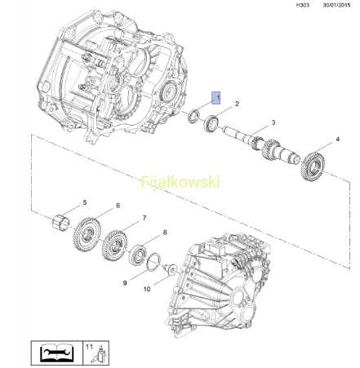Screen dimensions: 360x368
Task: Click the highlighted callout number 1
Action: pyautogui.click(x=216, y=98)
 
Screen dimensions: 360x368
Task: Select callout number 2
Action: pyautogui.click(x=237, y=104)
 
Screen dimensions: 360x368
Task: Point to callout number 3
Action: pyautogui.click(x=273, y=122)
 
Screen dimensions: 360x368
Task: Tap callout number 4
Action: pyautogui.click(x=337, y=140)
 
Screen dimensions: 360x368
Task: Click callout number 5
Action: pyautogui.click(x=85, y=202)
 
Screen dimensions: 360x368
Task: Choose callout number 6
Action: pyautogui.click(x=118, y=206)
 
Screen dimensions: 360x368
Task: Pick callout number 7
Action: pyautogui.click(x=144, y=218)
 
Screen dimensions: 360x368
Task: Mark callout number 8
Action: pyautogui.click(x=165, y=233)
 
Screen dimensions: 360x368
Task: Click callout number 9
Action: pyautogui.click(x=125, y=283)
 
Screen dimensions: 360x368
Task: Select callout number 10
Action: pyautogui.click(x=147, y=289)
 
